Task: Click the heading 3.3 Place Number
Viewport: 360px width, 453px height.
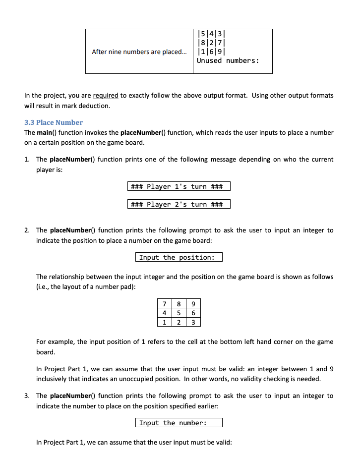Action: (x=54, y=122)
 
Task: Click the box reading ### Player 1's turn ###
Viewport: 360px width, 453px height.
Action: (x=179, y=186)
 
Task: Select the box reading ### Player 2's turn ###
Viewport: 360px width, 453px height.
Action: (x=179, y=204)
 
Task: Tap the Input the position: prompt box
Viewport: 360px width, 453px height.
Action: (x=179, y=257)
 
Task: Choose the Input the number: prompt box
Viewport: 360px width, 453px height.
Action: (x=179, y=423)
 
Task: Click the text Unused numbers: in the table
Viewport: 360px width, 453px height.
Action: (x=228, y=61)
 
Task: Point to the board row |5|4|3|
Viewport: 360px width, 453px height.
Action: (x=212, y=34)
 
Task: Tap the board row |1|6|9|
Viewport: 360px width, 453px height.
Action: (x=212, y=52)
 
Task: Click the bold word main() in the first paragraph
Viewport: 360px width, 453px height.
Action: (x=48, y=133)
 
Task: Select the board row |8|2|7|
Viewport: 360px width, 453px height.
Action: (x=212, y=43)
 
